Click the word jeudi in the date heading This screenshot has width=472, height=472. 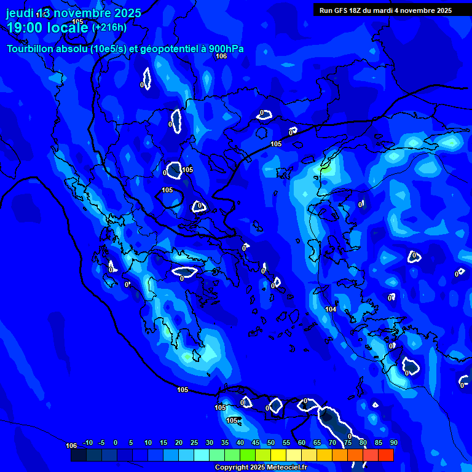tap(20, 13)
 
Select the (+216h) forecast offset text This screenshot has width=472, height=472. tap(109, 28)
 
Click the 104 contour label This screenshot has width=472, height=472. tap(331, 309)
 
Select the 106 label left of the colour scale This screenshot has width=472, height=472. tap(71, 446)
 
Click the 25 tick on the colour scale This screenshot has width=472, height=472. tap(194, 442)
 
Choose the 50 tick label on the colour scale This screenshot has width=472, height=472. tap(271, 442)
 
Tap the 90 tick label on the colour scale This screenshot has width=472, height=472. tap(393, 442)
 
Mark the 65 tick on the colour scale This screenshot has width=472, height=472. tap(317, 442)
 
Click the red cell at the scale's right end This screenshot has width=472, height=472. tap(386, 455)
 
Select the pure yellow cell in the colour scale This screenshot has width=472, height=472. tap(278, 455)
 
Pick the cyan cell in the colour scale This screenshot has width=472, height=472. tap(202, 455)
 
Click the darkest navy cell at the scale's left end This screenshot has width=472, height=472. tap(79, 455)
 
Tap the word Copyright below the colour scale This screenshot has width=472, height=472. tap(231, 468)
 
